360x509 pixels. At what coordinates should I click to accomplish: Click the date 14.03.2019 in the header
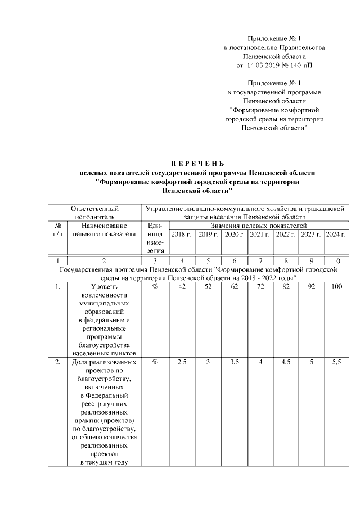(264, 66)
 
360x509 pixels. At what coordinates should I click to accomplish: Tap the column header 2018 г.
(181, 234)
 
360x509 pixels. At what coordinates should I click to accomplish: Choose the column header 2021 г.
(260, 234)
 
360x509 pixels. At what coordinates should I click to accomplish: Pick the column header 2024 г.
(336, 234)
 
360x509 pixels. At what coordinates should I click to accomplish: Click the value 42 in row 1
(181, 287)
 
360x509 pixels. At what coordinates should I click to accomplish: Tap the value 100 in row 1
(336, 287)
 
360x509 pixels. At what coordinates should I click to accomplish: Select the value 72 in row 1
(260, 287)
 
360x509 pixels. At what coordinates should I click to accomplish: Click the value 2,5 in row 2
(181, 363)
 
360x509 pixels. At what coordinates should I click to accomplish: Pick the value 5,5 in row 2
(336, 363)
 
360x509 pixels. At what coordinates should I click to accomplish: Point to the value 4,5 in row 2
(286, 363)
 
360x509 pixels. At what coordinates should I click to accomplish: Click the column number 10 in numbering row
(336, 260)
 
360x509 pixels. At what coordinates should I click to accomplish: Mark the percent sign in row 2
(155, 363)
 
